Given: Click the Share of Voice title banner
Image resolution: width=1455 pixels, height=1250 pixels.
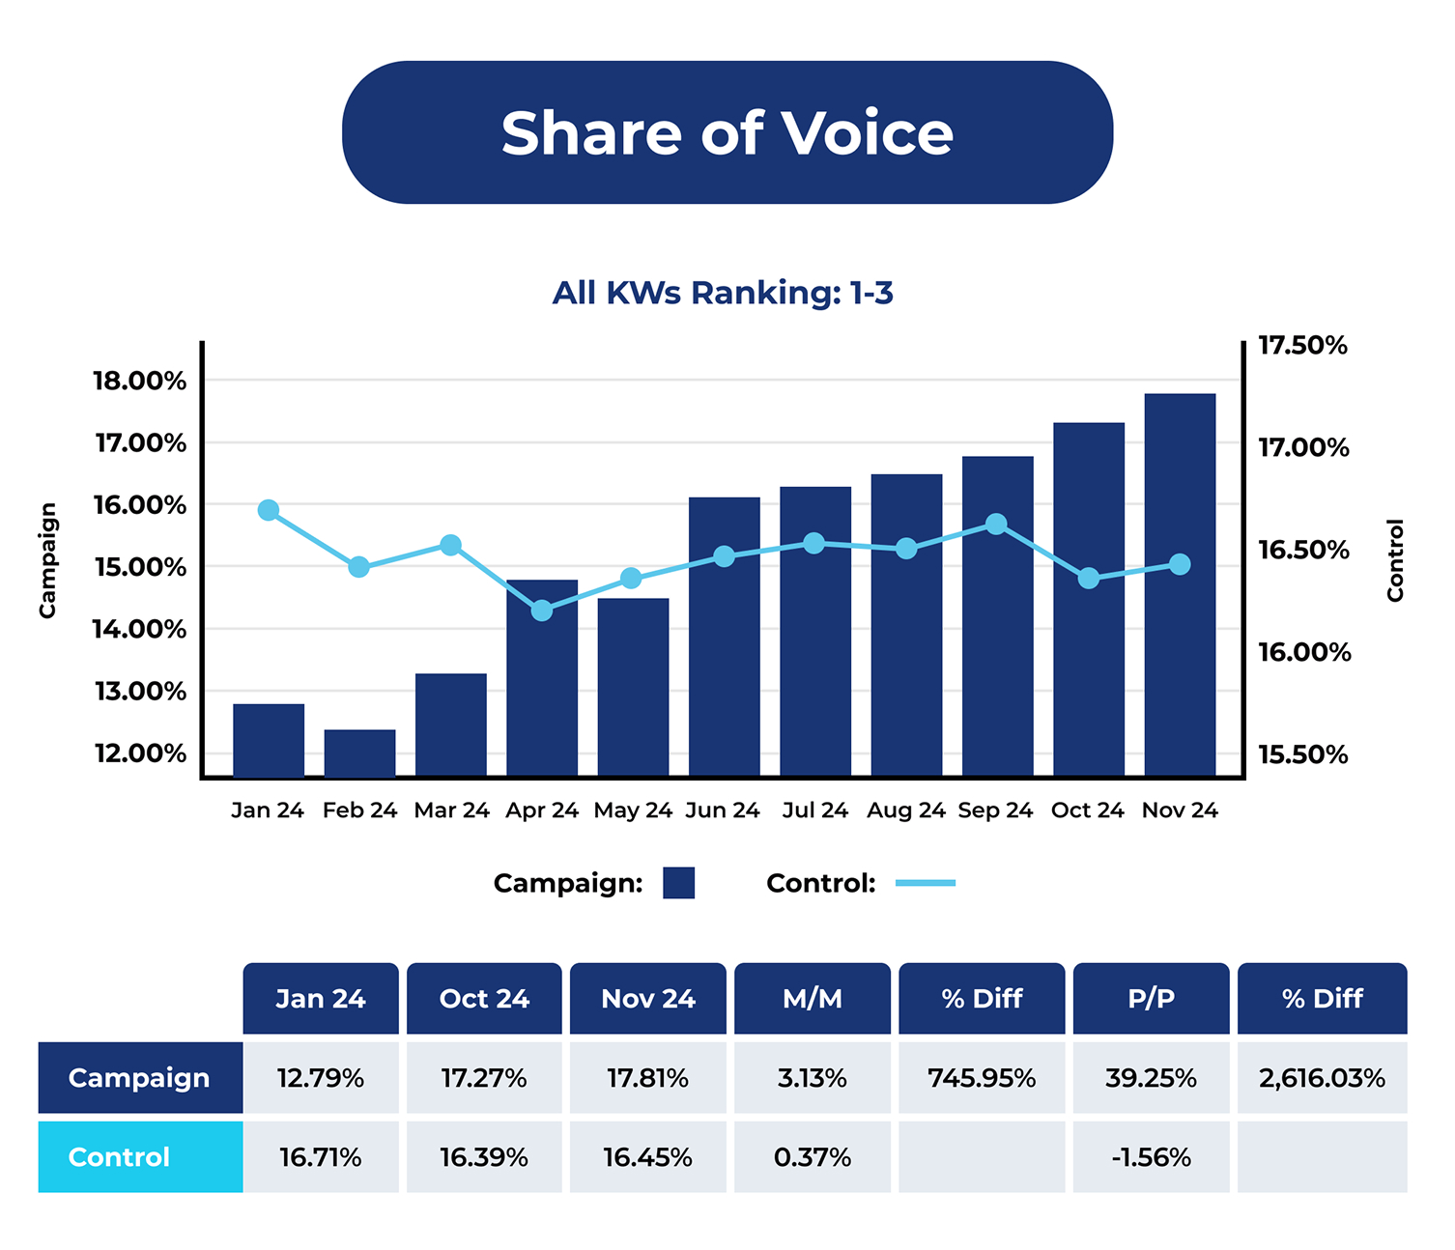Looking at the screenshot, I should click(727, 132).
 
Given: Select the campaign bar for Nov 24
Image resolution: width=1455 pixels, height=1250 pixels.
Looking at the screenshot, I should click(1180, 584).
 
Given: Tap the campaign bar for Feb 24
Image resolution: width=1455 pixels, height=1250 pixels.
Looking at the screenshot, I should click(359, 753).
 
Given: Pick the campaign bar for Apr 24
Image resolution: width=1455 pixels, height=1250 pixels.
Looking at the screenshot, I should click(542, 678).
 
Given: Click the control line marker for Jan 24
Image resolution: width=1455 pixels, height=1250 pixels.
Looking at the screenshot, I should click(269, 510).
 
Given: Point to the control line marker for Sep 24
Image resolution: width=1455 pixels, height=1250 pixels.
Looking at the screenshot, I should click(996, 525).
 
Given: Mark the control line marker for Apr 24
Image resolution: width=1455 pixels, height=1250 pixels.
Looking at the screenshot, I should click(542, 611).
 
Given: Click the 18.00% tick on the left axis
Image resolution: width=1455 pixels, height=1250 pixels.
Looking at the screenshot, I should click(140, 381).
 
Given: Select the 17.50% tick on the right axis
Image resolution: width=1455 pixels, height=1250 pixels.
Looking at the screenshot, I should click(1302, 346).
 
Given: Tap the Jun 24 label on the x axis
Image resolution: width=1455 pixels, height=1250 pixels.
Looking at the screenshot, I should click(723, 810).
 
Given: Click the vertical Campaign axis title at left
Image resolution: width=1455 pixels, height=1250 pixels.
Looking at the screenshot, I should click(47, 560).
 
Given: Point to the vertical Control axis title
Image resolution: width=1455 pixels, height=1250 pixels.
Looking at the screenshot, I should click(1394, 560).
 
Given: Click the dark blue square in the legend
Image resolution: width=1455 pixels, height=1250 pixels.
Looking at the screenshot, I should click(678, 883).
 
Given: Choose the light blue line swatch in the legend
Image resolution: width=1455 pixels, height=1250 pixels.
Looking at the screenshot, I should click(925, 883).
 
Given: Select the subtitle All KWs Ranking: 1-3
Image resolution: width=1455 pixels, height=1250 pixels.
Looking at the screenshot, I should click(723, 292).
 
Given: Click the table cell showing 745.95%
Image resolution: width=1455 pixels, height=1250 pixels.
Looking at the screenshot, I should click(982, 1078).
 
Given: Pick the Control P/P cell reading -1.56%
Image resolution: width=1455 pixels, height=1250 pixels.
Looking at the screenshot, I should click(1151, 1157).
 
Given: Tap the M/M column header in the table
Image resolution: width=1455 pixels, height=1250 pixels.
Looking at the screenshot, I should click(812, 999).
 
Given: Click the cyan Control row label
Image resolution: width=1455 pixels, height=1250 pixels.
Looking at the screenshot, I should click(140, 1157).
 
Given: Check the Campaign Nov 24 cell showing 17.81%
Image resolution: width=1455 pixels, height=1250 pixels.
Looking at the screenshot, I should click(647, 1078).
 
